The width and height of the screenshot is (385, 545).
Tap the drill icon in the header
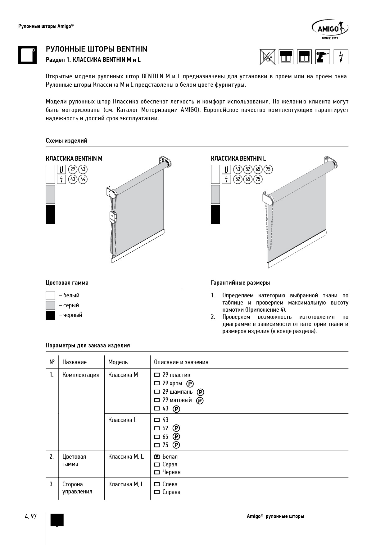[x=323, y=57]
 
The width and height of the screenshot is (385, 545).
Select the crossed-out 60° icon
[x=267, y=57]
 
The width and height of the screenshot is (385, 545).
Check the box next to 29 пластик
[x=157, y=375]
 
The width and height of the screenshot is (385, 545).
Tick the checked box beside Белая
[x=157, y=457]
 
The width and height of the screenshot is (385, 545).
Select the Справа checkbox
[x=157, y=492]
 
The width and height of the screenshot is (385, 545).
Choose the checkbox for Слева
[x=157, y=484]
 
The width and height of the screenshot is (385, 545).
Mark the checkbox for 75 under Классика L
[x=157, y=445]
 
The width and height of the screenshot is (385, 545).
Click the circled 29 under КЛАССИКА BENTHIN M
[x=73, y=169]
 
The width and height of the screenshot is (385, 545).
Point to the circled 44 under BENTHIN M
[x=83, y=179]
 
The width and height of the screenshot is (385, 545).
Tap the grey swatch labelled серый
[x=50, y=305]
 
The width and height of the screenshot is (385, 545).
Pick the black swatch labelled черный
[x=50, y=315]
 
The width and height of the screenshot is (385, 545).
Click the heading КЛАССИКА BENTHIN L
[x=238, y=159]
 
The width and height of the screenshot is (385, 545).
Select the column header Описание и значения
[x=181, y=362]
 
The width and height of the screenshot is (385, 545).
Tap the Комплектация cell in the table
[x=81, y=375]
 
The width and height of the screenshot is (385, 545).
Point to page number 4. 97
[x=31, y=516]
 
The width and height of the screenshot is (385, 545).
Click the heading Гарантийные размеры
[x=240, y=283]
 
